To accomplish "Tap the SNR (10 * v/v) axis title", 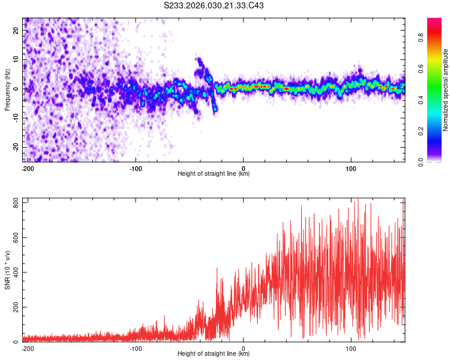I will click(7, 270).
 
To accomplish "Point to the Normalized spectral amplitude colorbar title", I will click(446, 90).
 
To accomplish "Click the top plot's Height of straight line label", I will click(214, 174).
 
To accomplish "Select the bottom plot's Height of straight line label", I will click(214, 354).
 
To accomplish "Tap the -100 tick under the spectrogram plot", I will click(135, 168).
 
